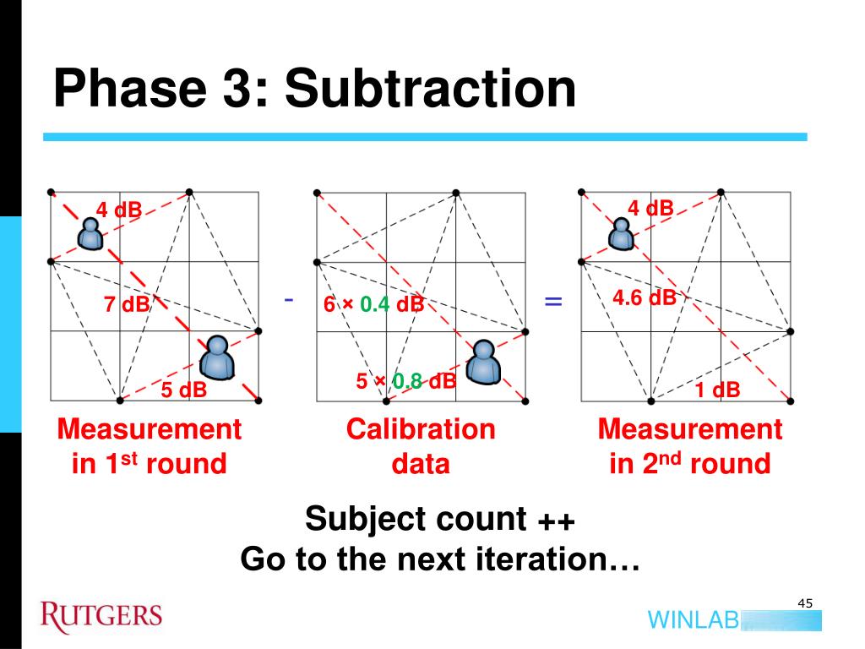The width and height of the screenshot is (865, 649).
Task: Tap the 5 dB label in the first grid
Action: (x=184, y=390)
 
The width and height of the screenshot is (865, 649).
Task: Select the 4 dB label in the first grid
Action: (x=118, y=210)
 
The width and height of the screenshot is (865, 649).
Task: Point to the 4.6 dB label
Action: (x=645, y=297)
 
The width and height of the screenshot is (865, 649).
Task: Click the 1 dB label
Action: (x=718, y=390)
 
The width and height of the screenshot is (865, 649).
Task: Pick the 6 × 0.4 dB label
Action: (x=373, y=304)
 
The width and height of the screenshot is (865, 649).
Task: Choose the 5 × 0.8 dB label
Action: (x=405, y=382)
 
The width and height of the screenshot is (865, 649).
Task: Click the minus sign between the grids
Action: (x=289, y=299)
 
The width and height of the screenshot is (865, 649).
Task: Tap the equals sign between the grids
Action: (x=553, y=301)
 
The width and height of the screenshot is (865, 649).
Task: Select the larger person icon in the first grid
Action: (x=218, y=356)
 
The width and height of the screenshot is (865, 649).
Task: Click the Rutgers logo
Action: (x=101, y=615)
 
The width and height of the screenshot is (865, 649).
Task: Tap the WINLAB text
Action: (x=693, y=619)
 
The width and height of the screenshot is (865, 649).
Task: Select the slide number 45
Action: (x=804, y=603)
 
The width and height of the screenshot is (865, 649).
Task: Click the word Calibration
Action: (x=421, y=429)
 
